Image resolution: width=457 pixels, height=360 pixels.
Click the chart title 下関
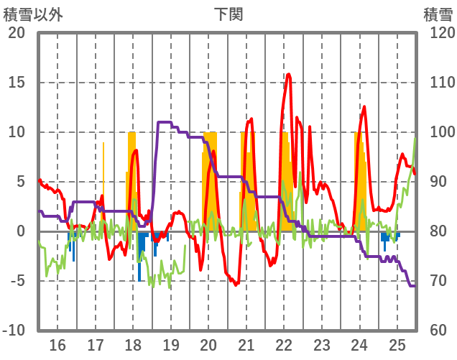(x=228, y=14)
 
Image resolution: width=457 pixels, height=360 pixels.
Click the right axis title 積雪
(x=438, y=14)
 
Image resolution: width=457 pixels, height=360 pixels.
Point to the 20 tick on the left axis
(x=17, y=33)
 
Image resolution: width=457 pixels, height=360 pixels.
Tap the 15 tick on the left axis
(x=17, y=83)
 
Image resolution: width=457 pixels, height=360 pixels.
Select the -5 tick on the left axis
(x=17, y=281)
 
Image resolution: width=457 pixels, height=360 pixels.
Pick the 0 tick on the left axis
(x=20, y=231)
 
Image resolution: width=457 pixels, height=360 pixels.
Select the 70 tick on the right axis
(x=435, y=281)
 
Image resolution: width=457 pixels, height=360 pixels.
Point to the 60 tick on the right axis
(x=435, y=331)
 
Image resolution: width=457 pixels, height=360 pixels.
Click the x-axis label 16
(x=57, y=344)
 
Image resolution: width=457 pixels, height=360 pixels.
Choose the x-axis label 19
(x=171, y=344)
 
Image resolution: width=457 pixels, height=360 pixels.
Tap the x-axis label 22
(x=284, y=344)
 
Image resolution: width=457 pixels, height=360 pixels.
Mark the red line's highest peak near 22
(x=289, y=74)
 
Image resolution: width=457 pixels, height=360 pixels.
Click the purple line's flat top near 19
(x=165, y=122)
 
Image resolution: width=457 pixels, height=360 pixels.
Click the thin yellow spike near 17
(x=103, y=144)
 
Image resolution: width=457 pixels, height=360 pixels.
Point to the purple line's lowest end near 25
(x=413, y=286)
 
